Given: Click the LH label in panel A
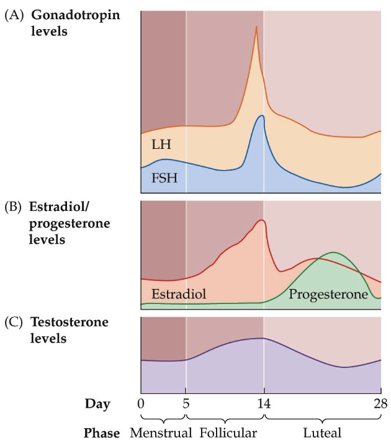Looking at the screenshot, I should [161, 145].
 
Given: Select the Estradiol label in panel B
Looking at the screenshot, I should [179, 293].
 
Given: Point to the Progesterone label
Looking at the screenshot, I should [328, 293].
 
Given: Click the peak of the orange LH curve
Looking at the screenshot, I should [256, 27].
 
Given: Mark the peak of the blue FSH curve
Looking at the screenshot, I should [262, 115].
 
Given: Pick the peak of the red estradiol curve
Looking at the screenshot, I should [263, 220].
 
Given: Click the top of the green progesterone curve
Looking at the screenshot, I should [334, 253].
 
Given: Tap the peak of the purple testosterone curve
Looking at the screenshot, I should [263, 338].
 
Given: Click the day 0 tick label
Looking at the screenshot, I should [141, 405].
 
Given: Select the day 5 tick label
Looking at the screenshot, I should [186, 405].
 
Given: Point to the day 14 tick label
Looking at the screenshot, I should [264, 405].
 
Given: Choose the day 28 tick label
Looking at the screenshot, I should [380, 405].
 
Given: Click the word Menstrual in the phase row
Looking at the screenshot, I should [158, 431].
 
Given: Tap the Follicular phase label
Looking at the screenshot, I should [228, 431].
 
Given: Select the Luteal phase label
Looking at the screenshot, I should [322, 431].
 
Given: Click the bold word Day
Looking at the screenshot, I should [97, 405].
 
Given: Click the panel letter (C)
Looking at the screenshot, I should [14, 323].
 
